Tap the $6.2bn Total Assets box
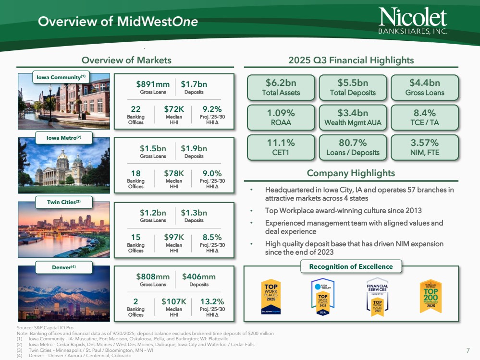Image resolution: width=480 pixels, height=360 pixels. pos(281,87)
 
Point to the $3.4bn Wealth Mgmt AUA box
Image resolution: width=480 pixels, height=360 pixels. pos(353,117)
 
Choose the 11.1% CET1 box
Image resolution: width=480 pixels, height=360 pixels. pos(281,147)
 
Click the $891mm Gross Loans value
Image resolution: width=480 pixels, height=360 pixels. pos(153,84)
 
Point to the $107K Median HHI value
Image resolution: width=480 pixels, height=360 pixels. pos(174,301)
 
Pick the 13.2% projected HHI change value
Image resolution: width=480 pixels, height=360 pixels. pos(212,301)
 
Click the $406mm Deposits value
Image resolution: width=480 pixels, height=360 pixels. pos(199,276)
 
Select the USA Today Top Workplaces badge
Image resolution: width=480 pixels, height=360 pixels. pos(323,297)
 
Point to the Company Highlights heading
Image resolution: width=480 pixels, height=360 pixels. pos(351,173)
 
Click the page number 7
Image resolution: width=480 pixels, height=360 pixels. pos(468,349)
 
